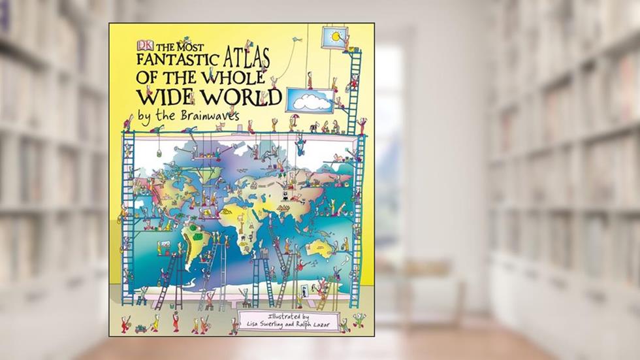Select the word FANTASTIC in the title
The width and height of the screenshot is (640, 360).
tap(176, 61)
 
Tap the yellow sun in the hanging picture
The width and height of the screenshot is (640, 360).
tap(335, 35)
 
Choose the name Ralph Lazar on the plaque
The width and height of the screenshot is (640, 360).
tap(315, 325)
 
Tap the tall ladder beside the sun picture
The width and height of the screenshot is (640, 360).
tap(355, 91)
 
